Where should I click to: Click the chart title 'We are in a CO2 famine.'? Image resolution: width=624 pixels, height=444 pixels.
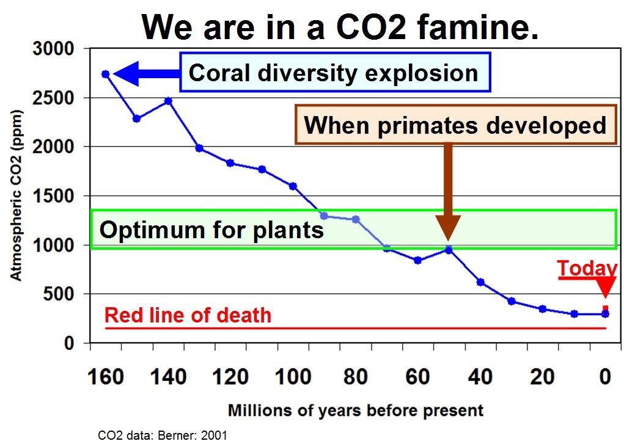coord(340,27)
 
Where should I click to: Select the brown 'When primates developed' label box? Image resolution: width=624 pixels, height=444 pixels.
coord(455,125)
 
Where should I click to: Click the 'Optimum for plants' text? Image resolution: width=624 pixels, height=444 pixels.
coord(211,230)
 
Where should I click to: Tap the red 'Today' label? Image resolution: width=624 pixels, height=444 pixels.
coord(587,269)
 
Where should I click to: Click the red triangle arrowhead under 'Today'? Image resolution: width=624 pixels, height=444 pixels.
coord(606,287)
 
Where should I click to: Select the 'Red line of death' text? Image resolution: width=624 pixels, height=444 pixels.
coord(188,315)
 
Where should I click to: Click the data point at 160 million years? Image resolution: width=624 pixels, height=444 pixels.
coord(105,74)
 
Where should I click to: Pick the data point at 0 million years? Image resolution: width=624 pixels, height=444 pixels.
coord(605,314)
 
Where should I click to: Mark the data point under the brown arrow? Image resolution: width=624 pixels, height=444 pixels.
coord(449,250)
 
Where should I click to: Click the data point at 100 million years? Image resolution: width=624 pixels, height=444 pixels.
coord(293,186)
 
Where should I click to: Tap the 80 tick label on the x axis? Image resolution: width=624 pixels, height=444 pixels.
coord(355,377)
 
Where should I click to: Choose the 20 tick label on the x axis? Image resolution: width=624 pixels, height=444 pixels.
coord(542,377)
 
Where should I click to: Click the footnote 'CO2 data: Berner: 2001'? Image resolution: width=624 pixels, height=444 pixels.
coord(163,435)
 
